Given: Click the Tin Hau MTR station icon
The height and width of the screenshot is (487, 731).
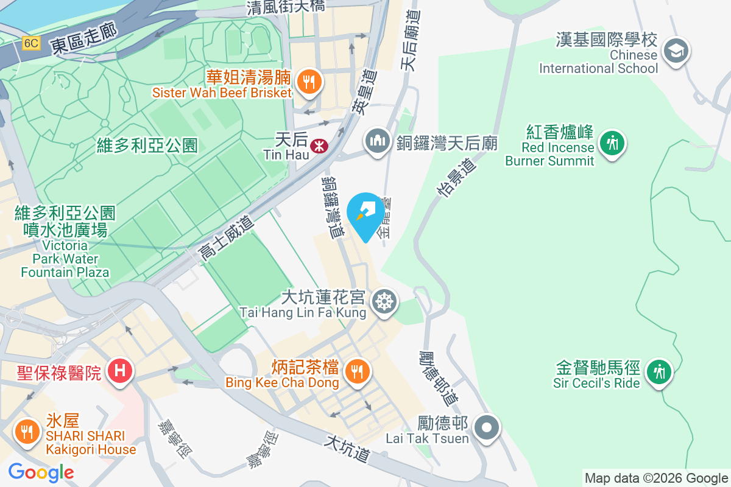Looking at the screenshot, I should (317, 146).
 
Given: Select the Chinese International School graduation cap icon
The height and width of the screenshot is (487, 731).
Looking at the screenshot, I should (676, 51).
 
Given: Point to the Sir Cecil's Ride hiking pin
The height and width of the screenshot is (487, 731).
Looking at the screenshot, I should (659, 371).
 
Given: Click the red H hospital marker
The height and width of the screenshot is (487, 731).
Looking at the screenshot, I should (120, 370).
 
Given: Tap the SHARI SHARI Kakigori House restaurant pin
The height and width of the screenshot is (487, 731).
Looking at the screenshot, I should (26, 432).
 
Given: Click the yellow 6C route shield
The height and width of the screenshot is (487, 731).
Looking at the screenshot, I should (31, 44).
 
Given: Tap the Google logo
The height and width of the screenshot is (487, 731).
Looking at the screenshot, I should (41, 472).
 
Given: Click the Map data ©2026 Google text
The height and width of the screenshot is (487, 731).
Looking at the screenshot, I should (656, 478).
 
